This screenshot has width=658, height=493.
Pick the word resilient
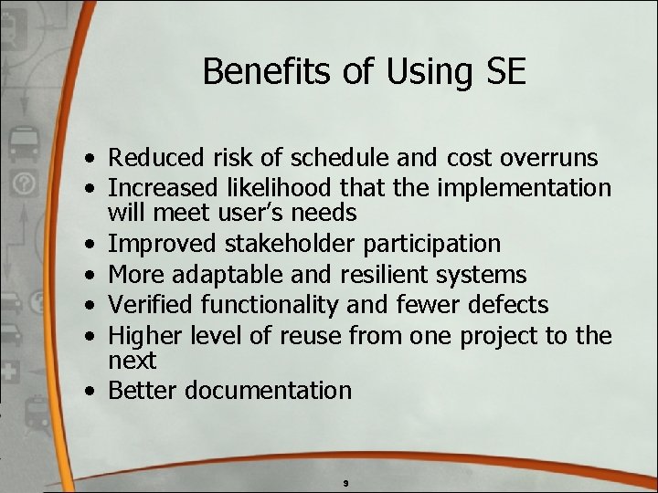(x=388, y=274)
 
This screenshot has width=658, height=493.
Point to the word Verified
(x=149, y=304)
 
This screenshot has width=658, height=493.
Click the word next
(x=133, y=361)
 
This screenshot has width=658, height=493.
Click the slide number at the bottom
(x=345, y=481)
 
